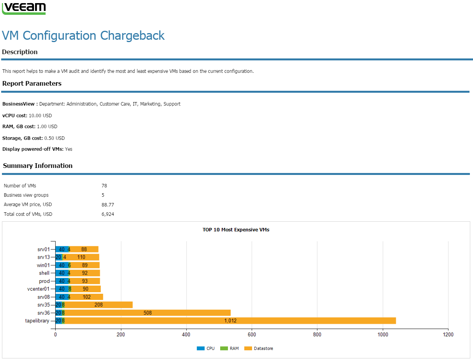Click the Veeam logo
point(24,8)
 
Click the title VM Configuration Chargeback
point(83,35)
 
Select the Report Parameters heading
point(32,83)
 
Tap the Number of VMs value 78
point(104,186)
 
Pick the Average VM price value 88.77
point(108,205)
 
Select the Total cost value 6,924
point(108,214)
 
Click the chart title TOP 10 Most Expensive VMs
point(236,230)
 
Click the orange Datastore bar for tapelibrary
point(230,321)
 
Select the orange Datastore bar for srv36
point(147,313)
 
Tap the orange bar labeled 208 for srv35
point(99,305)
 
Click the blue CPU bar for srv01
point(62,249)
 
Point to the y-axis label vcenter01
point(38,289)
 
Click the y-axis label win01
point(44,265)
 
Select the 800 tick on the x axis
point(317,334)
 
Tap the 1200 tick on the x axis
point(448,334)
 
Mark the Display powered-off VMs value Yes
point(69,149)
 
